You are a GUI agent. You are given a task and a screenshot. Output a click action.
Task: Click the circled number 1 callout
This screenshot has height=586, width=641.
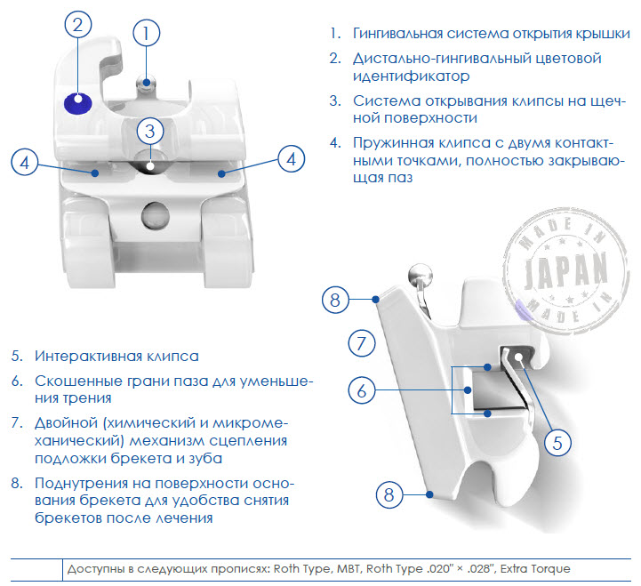tap(147, 33)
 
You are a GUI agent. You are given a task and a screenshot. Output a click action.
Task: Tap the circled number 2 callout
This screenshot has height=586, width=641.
tap(77, 24)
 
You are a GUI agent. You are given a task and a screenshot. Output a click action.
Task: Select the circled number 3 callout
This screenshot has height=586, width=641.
tap(150, 132)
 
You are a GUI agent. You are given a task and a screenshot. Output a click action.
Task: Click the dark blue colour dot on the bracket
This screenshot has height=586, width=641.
tap(77, 103)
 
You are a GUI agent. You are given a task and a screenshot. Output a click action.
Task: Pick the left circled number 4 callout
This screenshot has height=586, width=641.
tap(25, 163)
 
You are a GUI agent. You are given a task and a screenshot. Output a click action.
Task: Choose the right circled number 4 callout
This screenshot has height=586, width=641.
tap(291, 159)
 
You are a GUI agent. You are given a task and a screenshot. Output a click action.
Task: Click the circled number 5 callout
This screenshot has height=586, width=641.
tap(557, 443)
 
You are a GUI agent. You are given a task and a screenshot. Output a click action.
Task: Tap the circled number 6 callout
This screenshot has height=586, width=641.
tap(362, 390)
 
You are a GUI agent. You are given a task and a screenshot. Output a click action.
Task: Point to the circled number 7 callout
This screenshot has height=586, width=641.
tap(362, 343)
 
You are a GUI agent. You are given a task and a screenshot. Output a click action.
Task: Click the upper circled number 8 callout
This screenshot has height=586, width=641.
tap(335, 300)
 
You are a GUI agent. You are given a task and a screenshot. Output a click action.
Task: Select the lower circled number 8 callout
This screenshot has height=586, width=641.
tap(389, 494)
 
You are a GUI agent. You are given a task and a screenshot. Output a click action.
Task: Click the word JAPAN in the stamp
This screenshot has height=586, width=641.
tap(565, 269)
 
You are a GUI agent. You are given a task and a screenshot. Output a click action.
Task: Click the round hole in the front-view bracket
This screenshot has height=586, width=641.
tap(156, 215)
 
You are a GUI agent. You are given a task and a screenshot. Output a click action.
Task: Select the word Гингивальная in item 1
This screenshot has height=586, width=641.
tap(397, 33)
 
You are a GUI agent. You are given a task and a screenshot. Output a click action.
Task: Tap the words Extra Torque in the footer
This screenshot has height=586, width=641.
tap(535, 569)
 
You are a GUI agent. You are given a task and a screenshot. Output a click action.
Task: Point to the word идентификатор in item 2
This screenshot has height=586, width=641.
tap(412, 76)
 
